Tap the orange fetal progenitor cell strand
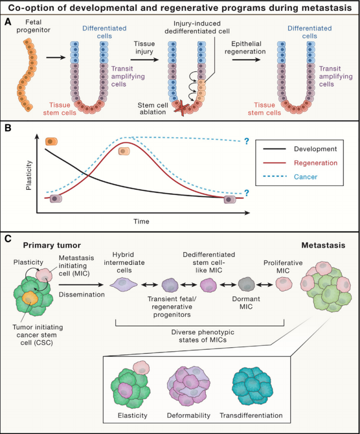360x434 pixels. [28, 75]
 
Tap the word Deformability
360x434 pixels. [188, 415]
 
